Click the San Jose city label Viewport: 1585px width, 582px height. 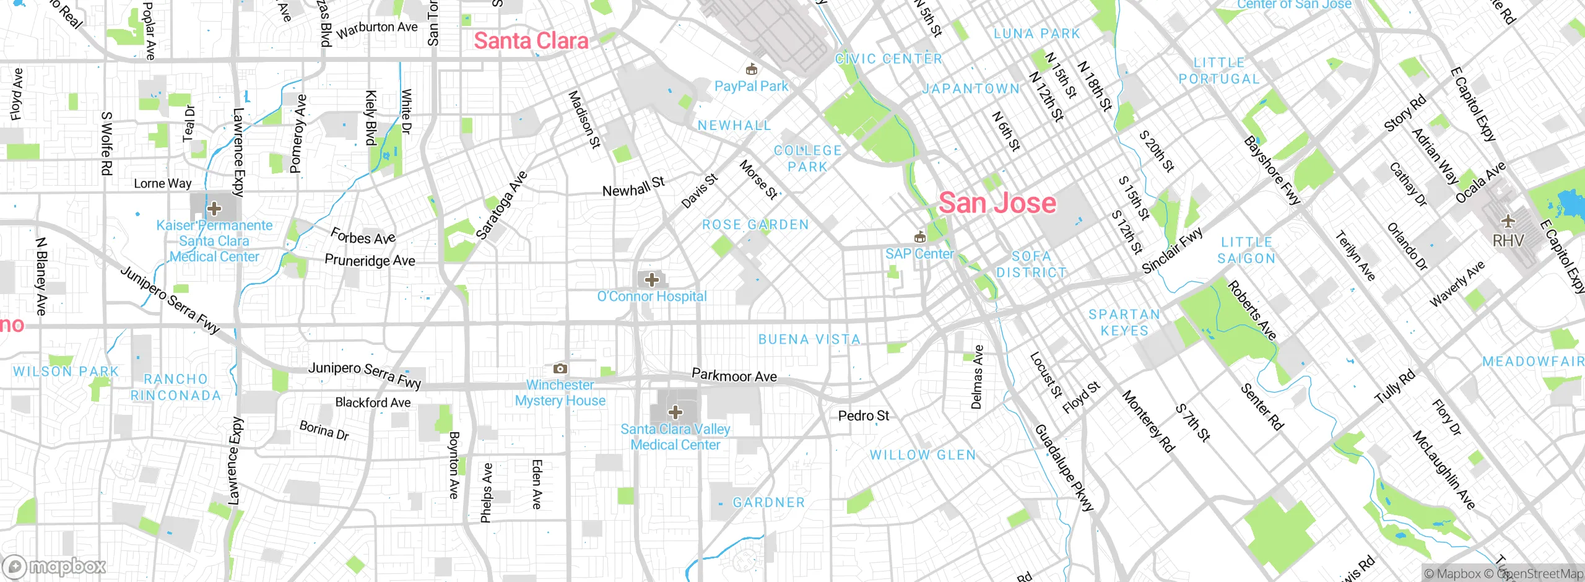tap(997, 203)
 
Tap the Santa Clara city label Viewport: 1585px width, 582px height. tap(531, 41)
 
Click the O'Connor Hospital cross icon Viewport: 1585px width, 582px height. tap(651, 280)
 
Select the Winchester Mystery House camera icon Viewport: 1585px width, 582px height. tap(560, 369)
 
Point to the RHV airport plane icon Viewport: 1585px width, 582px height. tap(1508, 221)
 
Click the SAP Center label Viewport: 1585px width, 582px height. tap(919, 254)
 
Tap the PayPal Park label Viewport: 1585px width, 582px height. tap(751, 86)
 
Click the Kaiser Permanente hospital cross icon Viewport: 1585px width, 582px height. tap(214, 208)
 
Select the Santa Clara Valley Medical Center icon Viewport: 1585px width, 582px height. tap(675, 412)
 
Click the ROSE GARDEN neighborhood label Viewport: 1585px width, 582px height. tap(755, 225)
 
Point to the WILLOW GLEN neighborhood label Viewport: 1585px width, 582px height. tap(923, 455)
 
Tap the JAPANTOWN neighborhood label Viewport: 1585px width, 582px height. tap(971, 89)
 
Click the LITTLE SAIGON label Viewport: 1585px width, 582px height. tap(1247, 250)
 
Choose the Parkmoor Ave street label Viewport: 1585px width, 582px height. tap(734, 376)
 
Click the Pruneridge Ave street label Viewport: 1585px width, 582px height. tap(370, 261)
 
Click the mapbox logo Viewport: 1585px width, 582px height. tap(54, 566)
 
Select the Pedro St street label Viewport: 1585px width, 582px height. tap(863, 415)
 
